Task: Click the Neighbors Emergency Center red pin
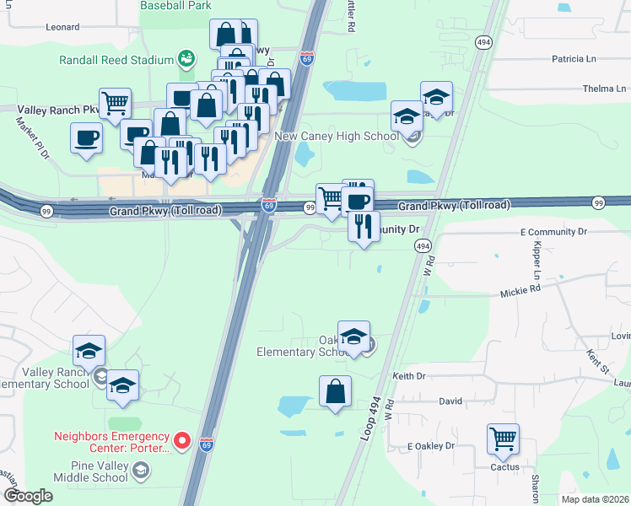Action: [182, 441]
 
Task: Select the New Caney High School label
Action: [348, 136]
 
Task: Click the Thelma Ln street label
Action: [604, 89]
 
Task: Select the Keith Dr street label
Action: [409, 376]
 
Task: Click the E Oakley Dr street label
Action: [430, 445]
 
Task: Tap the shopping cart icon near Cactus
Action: [503, 439]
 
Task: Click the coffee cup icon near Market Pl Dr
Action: [87, 137]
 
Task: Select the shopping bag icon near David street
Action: [335, 390]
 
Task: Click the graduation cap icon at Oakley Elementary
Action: [353, 336]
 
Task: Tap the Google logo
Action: [28, 496]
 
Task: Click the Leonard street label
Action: [62, 27]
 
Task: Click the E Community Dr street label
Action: [553, 230]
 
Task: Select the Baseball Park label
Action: [175, 5]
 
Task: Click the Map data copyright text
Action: [594, 499]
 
